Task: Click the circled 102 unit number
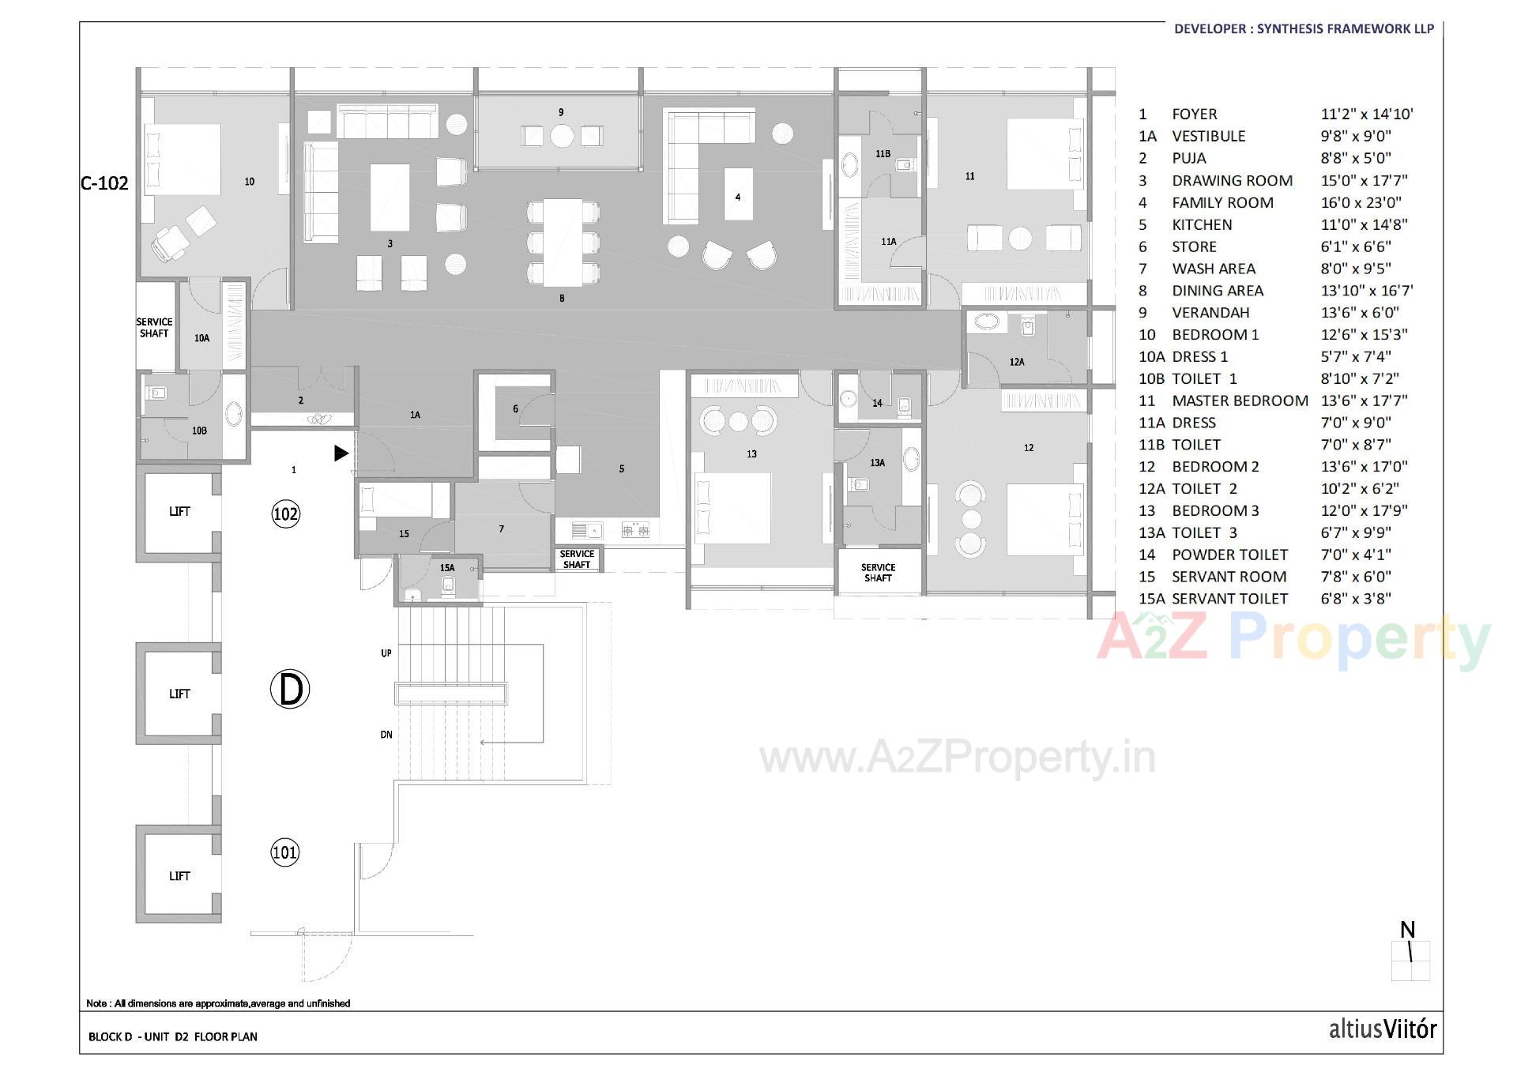click(x=285, y=514)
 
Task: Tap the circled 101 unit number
click(x=284, y=852)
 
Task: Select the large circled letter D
click(x=290, y=690)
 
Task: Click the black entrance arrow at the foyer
click(x=341, y=453)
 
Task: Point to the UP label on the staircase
click(x=386, y=653)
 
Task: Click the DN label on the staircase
click(x=386, y=735)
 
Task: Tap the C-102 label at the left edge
click(x=104, y=183)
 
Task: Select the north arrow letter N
click(x=1407, y=930)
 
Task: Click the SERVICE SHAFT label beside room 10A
click(x=154, y=327)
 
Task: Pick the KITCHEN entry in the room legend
click(x=1202, y=224)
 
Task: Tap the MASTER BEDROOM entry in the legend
click(x=1240, y=401)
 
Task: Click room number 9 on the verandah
click(x=561, y=112)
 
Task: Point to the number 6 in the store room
click(x=515, y=408)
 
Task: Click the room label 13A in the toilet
click(x=877, y=462)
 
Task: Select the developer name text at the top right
click(x=1304, y=28)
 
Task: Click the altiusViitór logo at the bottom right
click(x=1382, y=1029)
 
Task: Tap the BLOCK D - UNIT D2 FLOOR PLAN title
click(x=172, y=1036)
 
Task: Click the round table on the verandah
click(x=562, y=137)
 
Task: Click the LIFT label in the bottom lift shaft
click(x=179, y=875)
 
